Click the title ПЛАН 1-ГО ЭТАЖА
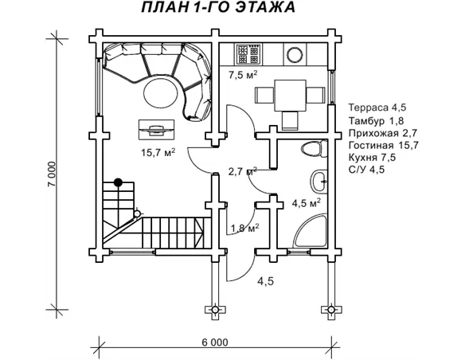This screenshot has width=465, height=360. pos(218,7)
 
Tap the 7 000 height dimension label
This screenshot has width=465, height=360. pos(51,174)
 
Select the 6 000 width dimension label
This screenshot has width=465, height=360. pos(215,342)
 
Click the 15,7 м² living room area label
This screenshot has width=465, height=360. pos(158,152)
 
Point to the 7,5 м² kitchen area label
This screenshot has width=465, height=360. pos(243,74)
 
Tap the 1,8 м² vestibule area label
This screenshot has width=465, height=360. pos(245,228)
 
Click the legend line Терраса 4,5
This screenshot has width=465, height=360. pos(377,107)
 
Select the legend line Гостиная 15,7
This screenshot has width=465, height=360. pos(384,145)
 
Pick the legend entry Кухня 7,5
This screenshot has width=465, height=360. pos(372,157)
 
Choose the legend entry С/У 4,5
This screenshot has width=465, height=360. pos(366,170)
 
